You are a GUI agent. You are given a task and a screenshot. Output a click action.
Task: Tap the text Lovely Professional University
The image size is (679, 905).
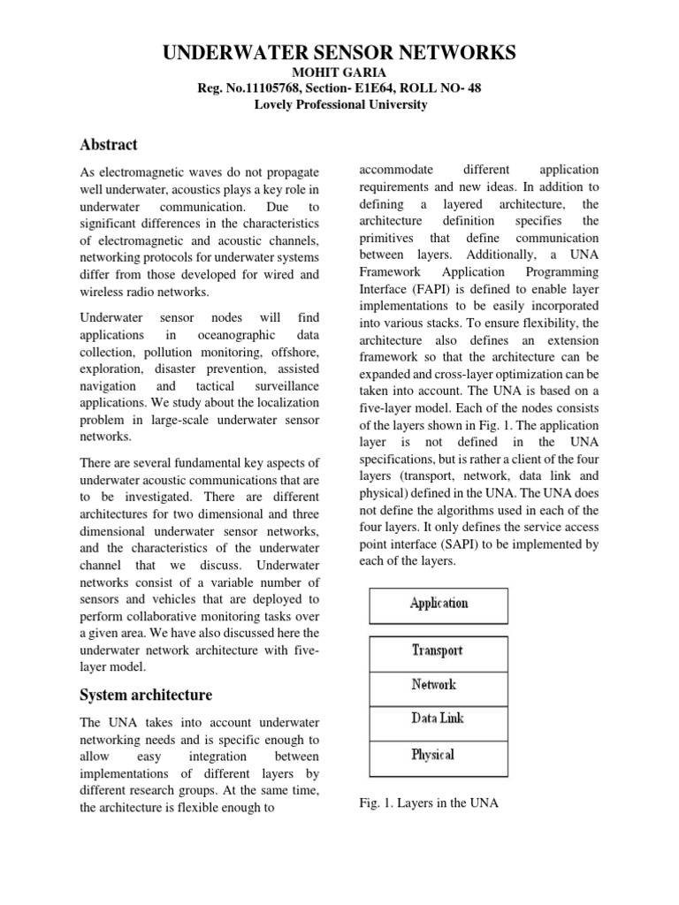tap(339, 104)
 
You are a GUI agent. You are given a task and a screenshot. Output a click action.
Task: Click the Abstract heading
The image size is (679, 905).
tap(109, 144)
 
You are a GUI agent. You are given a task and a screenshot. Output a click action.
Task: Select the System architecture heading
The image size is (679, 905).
tap(146, 695)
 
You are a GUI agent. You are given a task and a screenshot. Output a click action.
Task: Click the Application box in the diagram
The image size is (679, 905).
tap(439, 605)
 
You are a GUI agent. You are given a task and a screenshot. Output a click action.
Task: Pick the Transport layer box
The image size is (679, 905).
tap(439, 651)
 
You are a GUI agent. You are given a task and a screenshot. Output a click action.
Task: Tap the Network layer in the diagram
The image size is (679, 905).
tap(439, 685)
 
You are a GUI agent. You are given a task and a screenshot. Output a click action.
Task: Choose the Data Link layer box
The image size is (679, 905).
tap(439, 719)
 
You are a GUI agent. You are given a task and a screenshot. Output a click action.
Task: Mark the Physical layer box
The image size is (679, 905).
tap(439, 755)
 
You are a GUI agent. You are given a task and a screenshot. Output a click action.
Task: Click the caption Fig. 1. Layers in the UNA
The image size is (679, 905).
tap(430, 802)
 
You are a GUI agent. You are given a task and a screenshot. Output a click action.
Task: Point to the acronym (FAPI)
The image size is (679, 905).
tap(436, 290)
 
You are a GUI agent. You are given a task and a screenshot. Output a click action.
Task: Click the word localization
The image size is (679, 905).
tap(282, 404)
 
